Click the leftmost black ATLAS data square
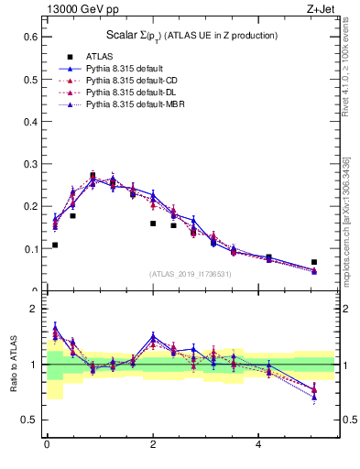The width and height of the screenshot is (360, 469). [x=55, y=245]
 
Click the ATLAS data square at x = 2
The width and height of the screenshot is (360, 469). [x=153, y=224]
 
